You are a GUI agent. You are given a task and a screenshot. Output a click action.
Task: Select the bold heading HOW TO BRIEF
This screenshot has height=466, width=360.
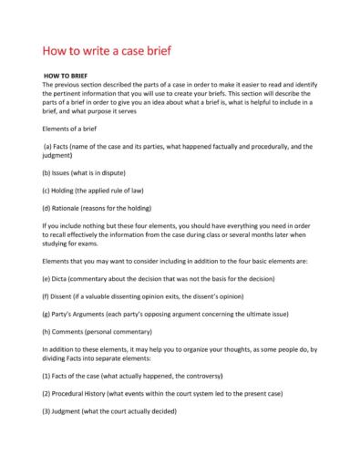[x=63, y=76]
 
